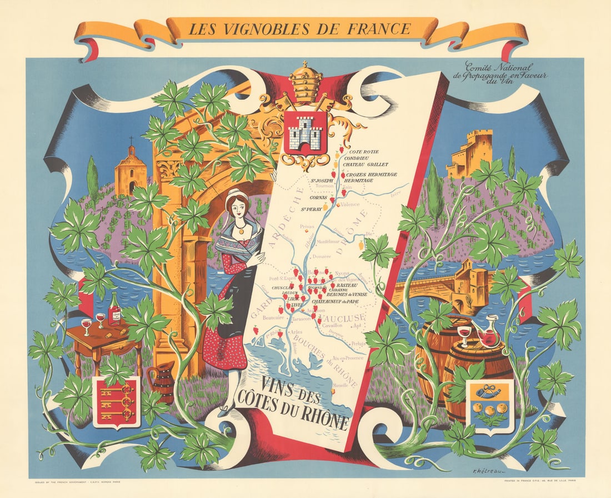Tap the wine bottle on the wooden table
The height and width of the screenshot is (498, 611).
coord(115,309)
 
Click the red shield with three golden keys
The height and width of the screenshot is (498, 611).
coord(116,401)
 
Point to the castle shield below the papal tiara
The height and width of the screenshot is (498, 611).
coord(305,132)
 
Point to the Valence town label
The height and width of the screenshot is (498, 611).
coord(349,204)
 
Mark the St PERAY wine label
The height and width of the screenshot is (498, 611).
coord(312,209)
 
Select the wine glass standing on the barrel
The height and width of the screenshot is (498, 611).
coord(464,335)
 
